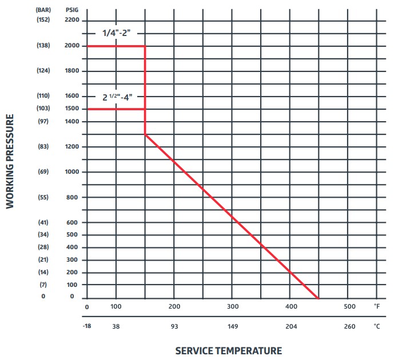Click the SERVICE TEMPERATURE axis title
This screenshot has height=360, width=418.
(x=228, y=350)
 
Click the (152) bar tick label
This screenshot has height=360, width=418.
(x=43, y=21)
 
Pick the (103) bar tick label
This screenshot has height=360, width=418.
(x=43, y=109)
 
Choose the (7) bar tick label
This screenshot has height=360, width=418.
(x=43, y=285)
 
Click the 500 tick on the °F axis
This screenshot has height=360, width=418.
(x=349, y=307)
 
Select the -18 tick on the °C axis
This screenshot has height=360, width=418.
(x=87, y=326)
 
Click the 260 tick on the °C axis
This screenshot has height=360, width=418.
(x=349, y=326)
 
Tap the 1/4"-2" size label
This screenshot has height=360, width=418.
(x=117, y=33)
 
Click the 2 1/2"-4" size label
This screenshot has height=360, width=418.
(x=117, y=97)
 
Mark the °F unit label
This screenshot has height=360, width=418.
(x=377, y=307)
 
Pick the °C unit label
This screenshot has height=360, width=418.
(x=377, y=326)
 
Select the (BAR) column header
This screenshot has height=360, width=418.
(x=43, y=10)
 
